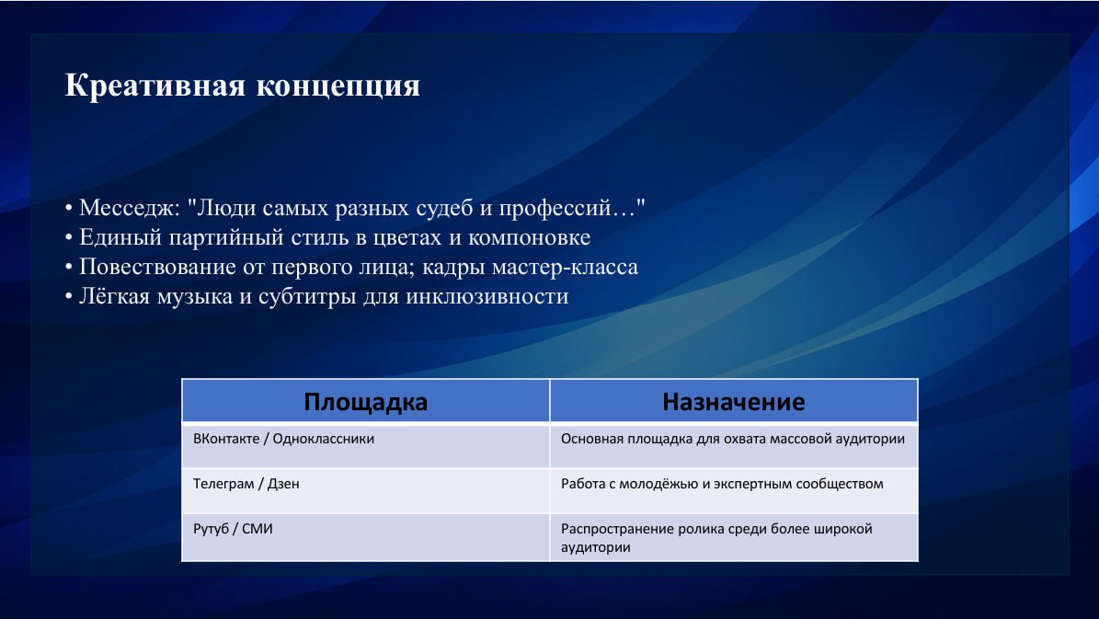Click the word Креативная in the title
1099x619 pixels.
point(155,86)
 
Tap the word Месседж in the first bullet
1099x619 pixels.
point(130,208)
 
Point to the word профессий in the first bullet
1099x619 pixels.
point(555,208)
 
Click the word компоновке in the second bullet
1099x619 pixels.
point(529,237)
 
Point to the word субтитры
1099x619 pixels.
point(308,296)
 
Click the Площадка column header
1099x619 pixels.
point(366,402)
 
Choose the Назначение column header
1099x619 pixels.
point(734,402)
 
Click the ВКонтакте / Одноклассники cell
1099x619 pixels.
point(366,446)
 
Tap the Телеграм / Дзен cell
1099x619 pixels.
point(366,491)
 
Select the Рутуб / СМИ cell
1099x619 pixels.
point(366,538)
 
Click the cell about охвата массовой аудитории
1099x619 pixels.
point(734,446)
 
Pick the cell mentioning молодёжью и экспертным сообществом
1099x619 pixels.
point(734,491)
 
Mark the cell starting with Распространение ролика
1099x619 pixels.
point(734,538)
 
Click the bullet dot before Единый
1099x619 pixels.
point(69,238)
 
